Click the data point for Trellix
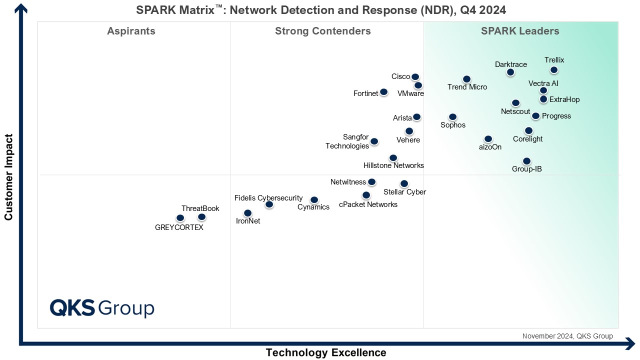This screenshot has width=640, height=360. coord(554,70)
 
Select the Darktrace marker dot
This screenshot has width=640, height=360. coord(510,72)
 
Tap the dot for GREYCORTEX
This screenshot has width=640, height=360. coord(180,218)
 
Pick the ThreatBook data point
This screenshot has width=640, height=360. coord(201,217)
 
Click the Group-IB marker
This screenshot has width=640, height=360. coord(526,161)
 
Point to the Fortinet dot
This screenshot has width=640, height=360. coord(383,92)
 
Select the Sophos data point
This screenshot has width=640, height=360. coord(452,117)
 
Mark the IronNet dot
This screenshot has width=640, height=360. coord(247,213)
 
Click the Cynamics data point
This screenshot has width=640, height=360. coord(314,200)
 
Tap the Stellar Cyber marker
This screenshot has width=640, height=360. coord(404,183)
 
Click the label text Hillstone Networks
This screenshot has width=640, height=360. coord(393,165)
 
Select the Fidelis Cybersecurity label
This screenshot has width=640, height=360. coord(268,198)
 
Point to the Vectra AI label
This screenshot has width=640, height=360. coord(543,83)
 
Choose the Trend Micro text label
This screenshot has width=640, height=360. coord(467,87)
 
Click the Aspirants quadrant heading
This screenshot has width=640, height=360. coord(131,31)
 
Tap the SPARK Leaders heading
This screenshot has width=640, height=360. coord(520,31)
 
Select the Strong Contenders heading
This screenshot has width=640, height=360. coord(323,31)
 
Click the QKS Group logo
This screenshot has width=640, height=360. coord(102,308)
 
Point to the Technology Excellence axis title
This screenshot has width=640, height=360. coord(326,352)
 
